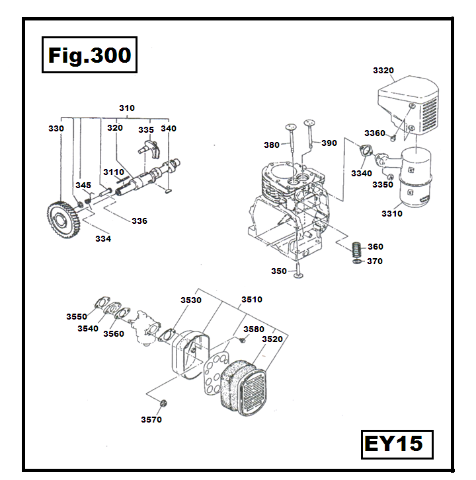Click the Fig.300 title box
point(89,55)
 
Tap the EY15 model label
point(393,443)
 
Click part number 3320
point(383,70)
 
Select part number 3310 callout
point(392,213)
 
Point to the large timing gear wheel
point(63,217)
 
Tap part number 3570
point(151,419)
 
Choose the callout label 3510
point(251,299)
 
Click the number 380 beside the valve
point(271,145)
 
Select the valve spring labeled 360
point(357,249)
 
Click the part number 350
point(279,271)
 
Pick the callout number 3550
point(77,317)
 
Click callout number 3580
point(254,328)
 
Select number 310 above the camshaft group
point(126,108)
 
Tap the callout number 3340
point(362,173)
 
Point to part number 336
point(139,221)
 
